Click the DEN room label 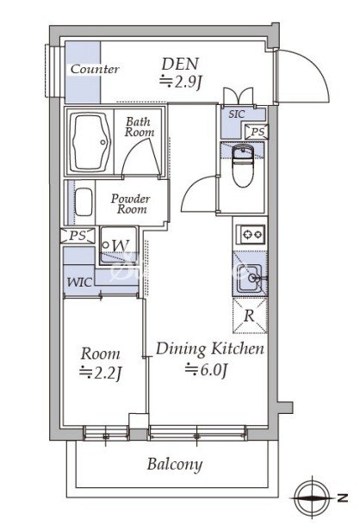tap(180, 64)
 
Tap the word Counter tap(95, 69)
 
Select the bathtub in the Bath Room tap(90, 142)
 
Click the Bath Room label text tap(140, 127)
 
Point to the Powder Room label tap(130, 204)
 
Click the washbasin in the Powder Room tap(84, 202)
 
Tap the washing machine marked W tap(119, 245)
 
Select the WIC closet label tap(79, 282)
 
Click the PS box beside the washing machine tap(78, 235)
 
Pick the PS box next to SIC tap(257, 132)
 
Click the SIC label tap(237, 114)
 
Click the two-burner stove tap(251, 234)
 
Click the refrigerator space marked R tap(250, 315)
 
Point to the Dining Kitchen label tap(210, 349)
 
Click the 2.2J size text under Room tap(100, 374)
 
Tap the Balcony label tap(175, 465)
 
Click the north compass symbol tap(313, 497)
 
